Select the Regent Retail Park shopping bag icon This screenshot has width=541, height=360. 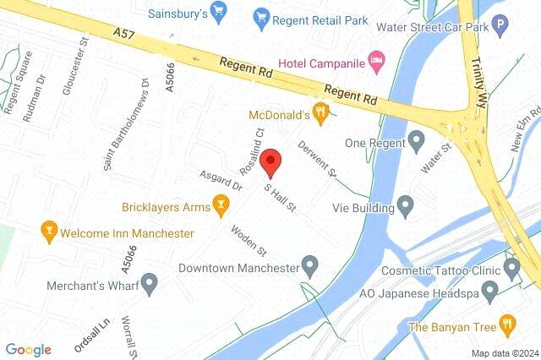pyautogui.click(x=263, y=16)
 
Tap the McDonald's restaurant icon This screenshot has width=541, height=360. pyautogui.click(x=320, y=112)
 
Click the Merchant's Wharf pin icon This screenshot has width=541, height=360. pyautogui.click(x=150, y=284)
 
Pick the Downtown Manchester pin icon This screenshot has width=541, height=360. pyautogui.click(x=310, y=268)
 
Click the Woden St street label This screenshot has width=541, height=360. pyautogui.click(x=250, y=240)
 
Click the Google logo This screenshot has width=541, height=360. pyautogui.click(x=28, y=349)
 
